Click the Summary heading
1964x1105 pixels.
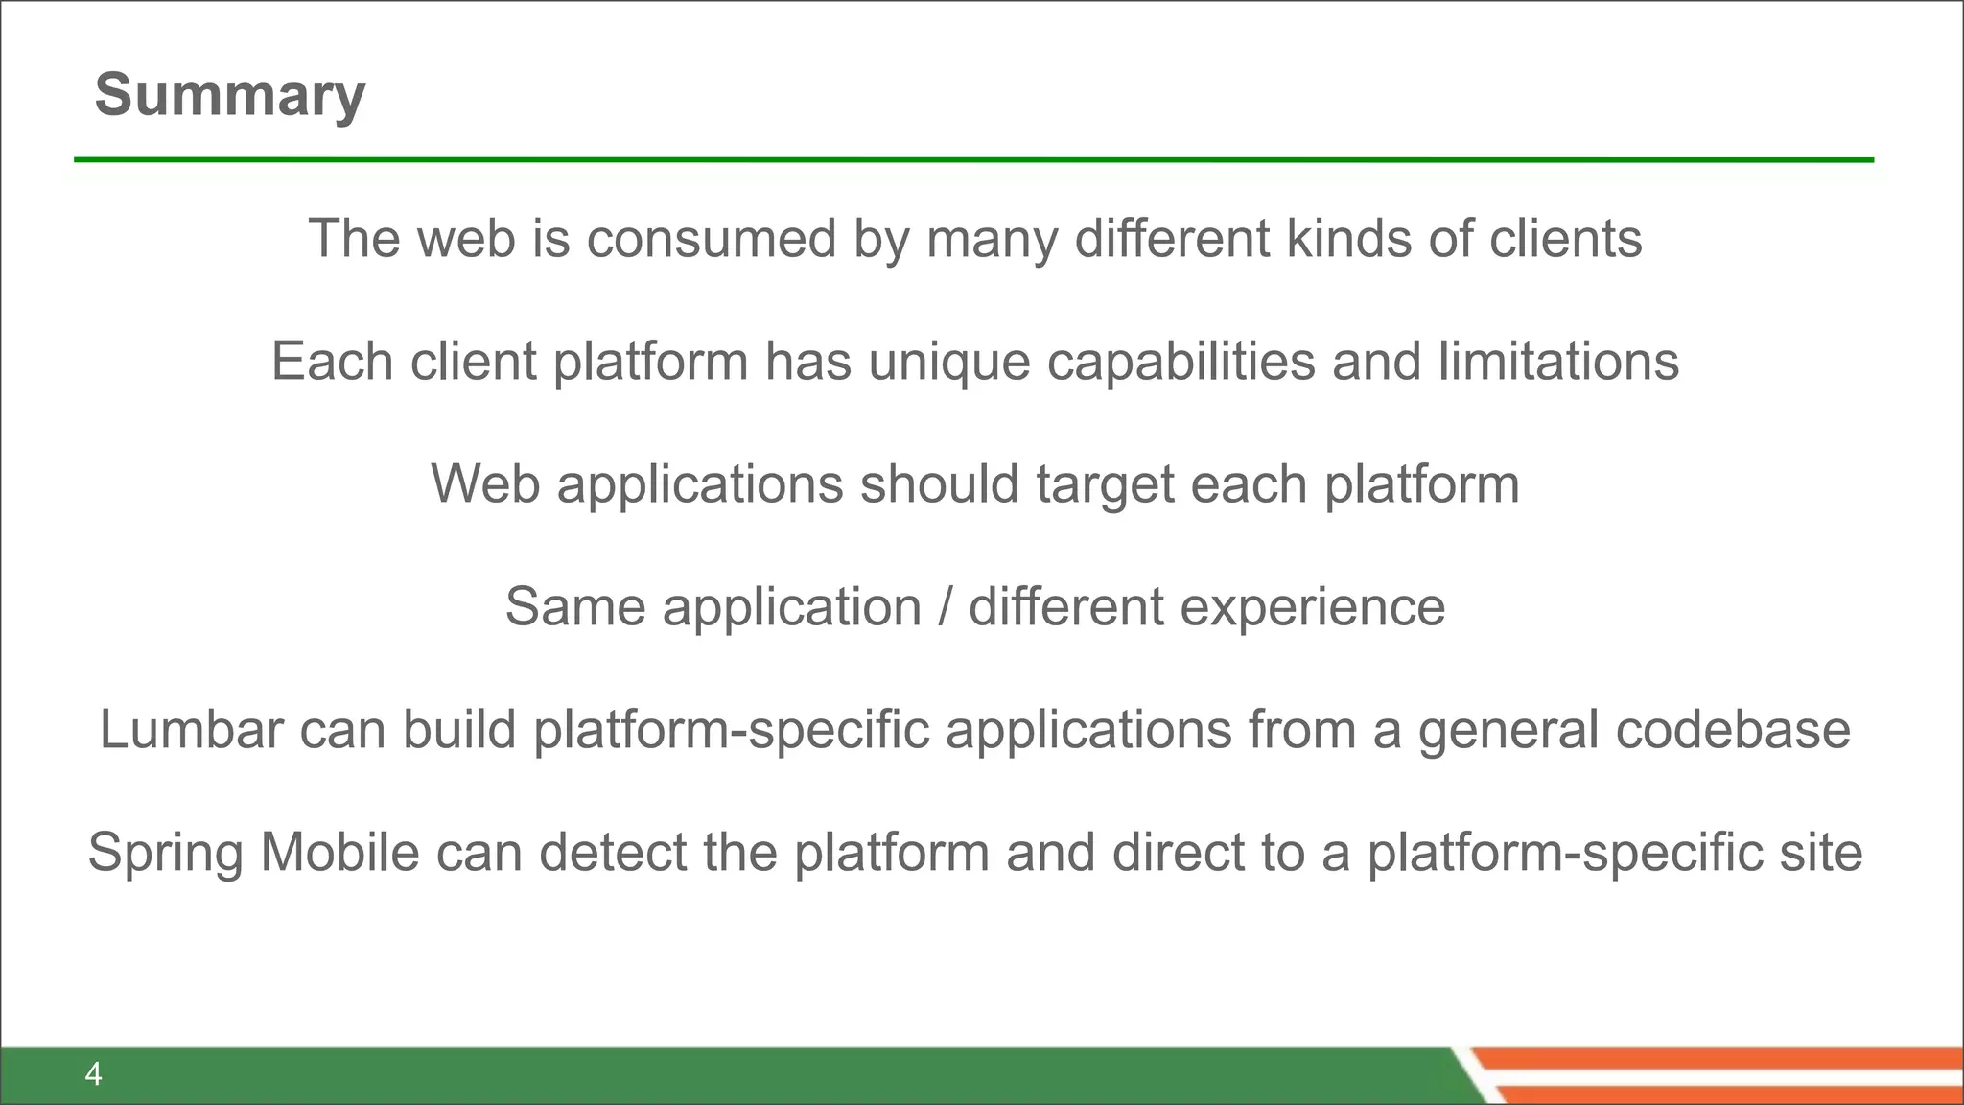(230, 96)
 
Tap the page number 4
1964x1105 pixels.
(93, 1074)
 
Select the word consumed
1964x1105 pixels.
(712, 239)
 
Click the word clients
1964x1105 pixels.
(1565, 239)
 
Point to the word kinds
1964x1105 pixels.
(1348, 239)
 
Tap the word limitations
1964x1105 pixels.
(1558, 362)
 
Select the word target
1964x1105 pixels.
(1105, 485)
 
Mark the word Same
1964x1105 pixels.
(575, 607)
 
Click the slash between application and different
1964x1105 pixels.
(946, 607)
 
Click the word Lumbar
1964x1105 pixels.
(191, 730)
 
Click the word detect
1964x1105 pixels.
(612, 853)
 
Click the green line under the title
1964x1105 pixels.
(973, 160)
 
